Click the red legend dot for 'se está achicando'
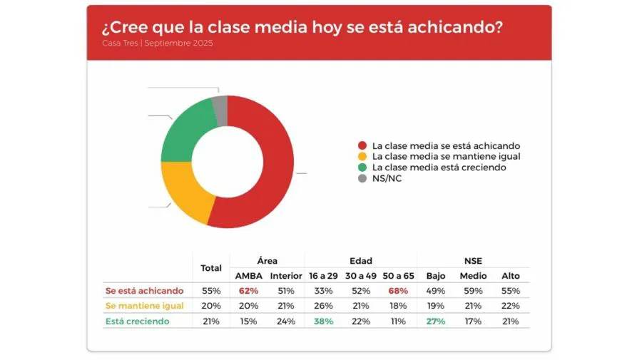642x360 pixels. (362, 145)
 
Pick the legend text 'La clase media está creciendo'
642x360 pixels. (439, 168)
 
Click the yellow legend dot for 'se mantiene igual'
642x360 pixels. (362, 156)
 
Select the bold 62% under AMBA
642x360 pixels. (249, 291)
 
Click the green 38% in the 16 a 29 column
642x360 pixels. (322, 322)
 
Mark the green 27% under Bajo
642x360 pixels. (435, 322)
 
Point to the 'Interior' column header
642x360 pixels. (286, 276)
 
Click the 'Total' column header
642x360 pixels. (211, 268)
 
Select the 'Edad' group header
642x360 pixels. (361, 261)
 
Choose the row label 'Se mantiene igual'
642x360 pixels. (144, 306)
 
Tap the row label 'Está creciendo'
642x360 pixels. (137, 322)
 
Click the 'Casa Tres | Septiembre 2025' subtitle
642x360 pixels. (157, 43)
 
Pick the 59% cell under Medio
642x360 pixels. (473, 291)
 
